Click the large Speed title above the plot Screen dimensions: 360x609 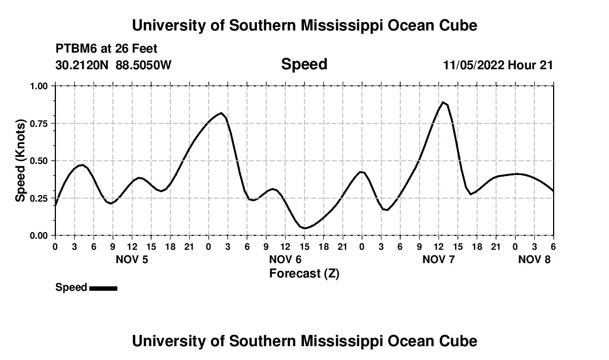tap(304, 64)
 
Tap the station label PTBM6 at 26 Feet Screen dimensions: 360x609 tap(107, 49)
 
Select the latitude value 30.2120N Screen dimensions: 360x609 tap(82, 65)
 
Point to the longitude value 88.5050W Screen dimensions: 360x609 tap(143, 65)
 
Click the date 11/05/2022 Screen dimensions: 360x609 tap(473, 65)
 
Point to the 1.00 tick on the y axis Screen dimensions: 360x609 tap(38, 86)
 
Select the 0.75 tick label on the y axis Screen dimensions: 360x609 tap(38, 124)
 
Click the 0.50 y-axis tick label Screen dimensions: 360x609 tap(38, 161)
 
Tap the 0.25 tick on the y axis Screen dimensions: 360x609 tap(38, 198)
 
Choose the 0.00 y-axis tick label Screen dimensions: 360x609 tap(38, 235)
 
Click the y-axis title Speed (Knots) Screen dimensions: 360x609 tap(20, 161)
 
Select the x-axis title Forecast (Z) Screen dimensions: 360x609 tap(304, 273)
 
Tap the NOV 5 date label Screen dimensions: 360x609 tap(132, 259)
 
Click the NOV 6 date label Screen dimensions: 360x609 tap(285, 259)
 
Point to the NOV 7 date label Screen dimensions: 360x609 tap(438, 259)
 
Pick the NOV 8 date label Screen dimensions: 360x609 tap(534, 259)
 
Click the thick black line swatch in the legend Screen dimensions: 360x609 tap(103, 288)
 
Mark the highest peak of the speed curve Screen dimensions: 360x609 tap(443, 102)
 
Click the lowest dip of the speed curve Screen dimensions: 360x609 tap(304, 228)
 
